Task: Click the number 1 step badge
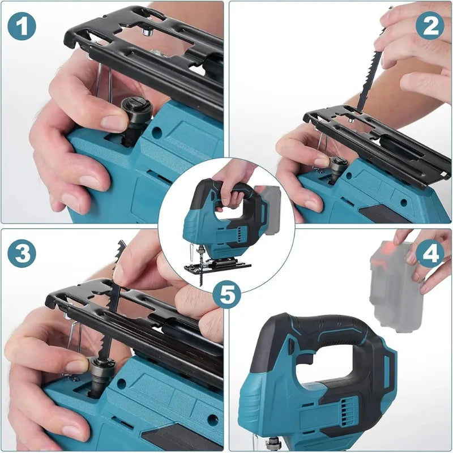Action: [x=22, y=27]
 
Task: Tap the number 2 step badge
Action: [x=430, y=27]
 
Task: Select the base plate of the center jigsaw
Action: [x=218, y=264]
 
